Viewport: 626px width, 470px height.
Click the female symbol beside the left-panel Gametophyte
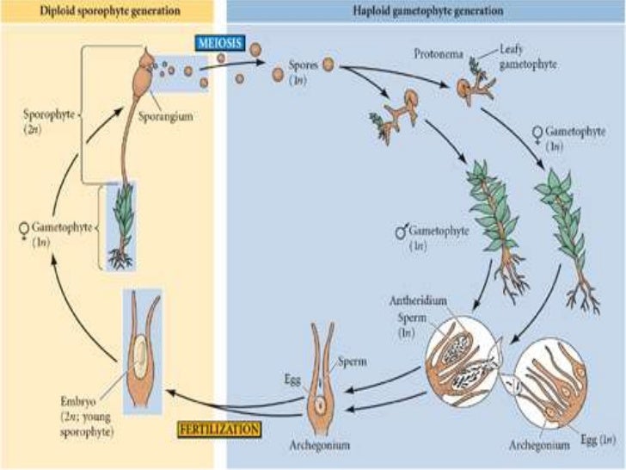[23, 229]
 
